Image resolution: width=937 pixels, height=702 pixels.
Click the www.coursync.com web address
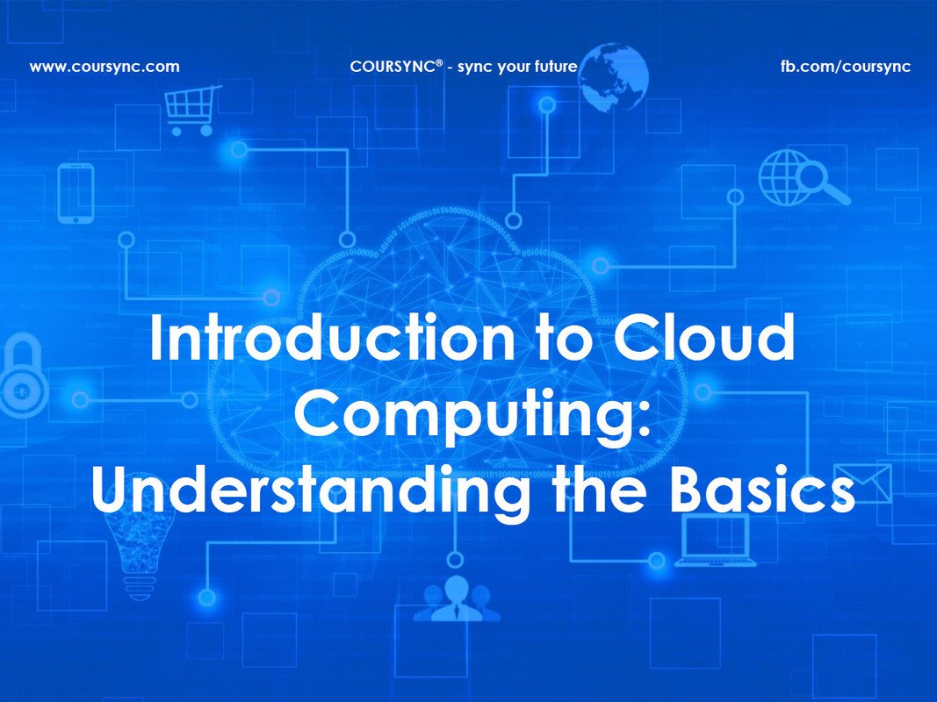point(105,66)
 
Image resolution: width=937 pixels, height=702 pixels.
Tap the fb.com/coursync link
point(846,66)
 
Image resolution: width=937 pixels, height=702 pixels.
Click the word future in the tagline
point(555,66)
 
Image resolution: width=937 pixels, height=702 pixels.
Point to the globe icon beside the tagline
point(613,78)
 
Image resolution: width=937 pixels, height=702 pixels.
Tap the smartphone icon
point(76,192)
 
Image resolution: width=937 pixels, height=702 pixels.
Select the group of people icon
point(456,600)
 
